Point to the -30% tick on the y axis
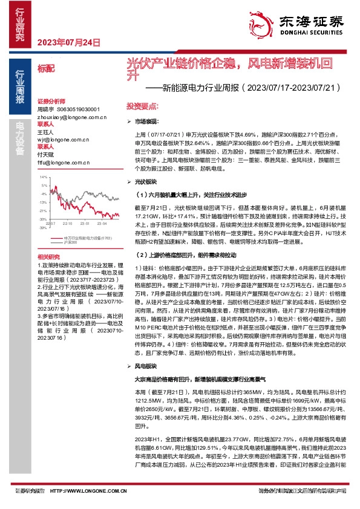(x=43, y=219)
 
